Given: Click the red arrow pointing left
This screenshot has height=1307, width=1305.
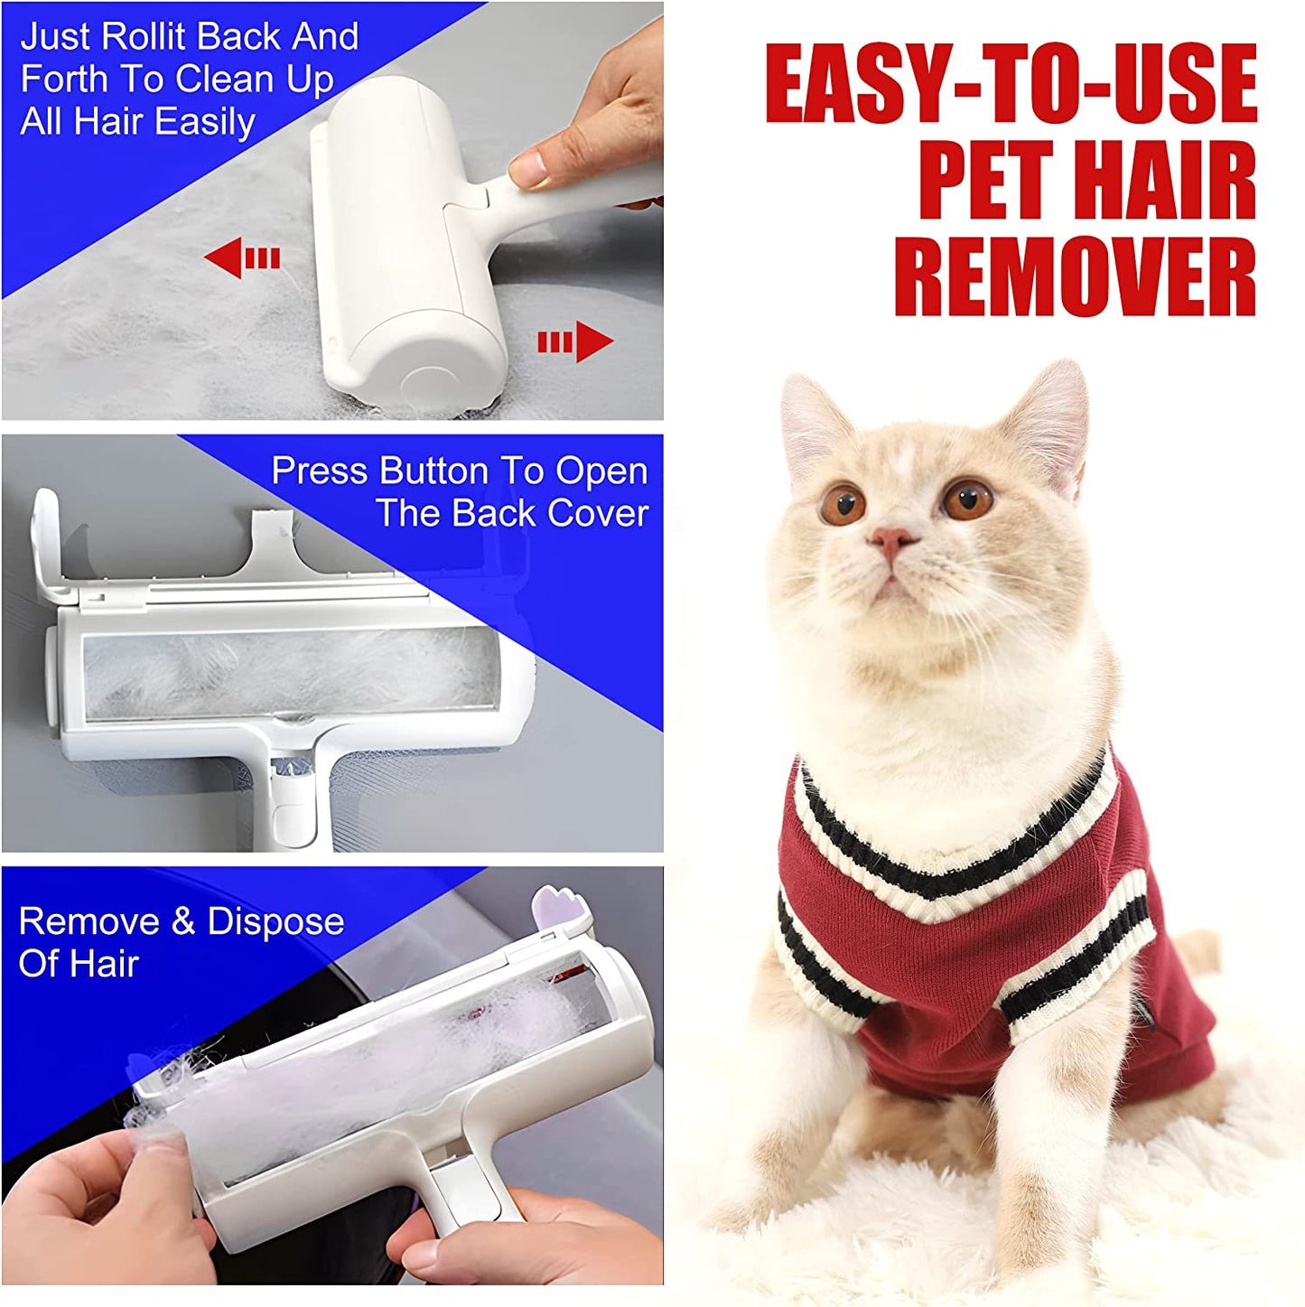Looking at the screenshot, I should coord(241,259).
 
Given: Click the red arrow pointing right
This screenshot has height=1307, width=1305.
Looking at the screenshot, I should coord(576,342).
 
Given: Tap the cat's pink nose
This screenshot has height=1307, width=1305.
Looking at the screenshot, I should coord(891,542).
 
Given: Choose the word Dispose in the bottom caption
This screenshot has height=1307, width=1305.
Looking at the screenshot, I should coord(275,921).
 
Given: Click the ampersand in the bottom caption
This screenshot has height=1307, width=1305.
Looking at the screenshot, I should coord(183,921).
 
